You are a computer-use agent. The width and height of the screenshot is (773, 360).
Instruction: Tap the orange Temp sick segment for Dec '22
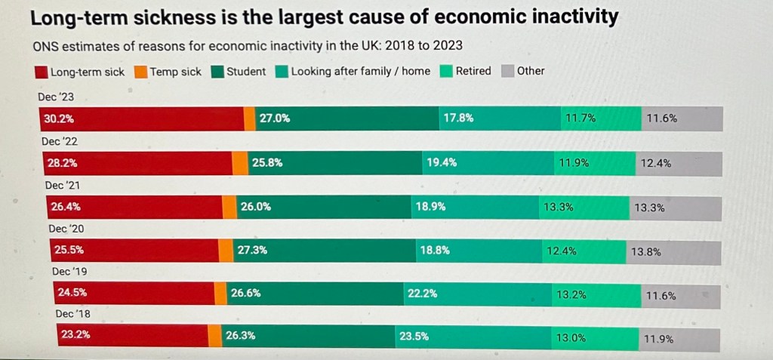click(x=239, y=163)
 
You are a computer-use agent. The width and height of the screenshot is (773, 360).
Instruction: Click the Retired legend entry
click(x=473, y=71)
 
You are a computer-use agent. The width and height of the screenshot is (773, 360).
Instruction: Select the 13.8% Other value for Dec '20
click(x=645, y=252)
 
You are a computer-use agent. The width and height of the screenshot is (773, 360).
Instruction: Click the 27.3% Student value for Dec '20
click(x=252, y=251)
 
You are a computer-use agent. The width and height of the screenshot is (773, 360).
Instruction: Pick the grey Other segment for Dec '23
click(x=682, y=118)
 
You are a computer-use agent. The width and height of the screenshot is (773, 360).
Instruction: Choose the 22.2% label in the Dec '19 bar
click(x=422, y=294)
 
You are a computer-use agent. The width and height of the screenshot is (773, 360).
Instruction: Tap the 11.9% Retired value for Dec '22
click(x=574, y=162)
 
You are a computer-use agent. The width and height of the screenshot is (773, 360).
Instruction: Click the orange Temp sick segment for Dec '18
click(x=214, y=336)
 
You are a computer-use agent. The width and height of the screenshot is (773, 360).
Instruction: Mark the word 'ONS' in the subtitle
click(x=46, y=45)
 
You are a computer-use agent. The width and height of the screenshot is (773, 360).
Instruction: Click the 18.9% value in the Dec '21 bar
click(x=430, y=206)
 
